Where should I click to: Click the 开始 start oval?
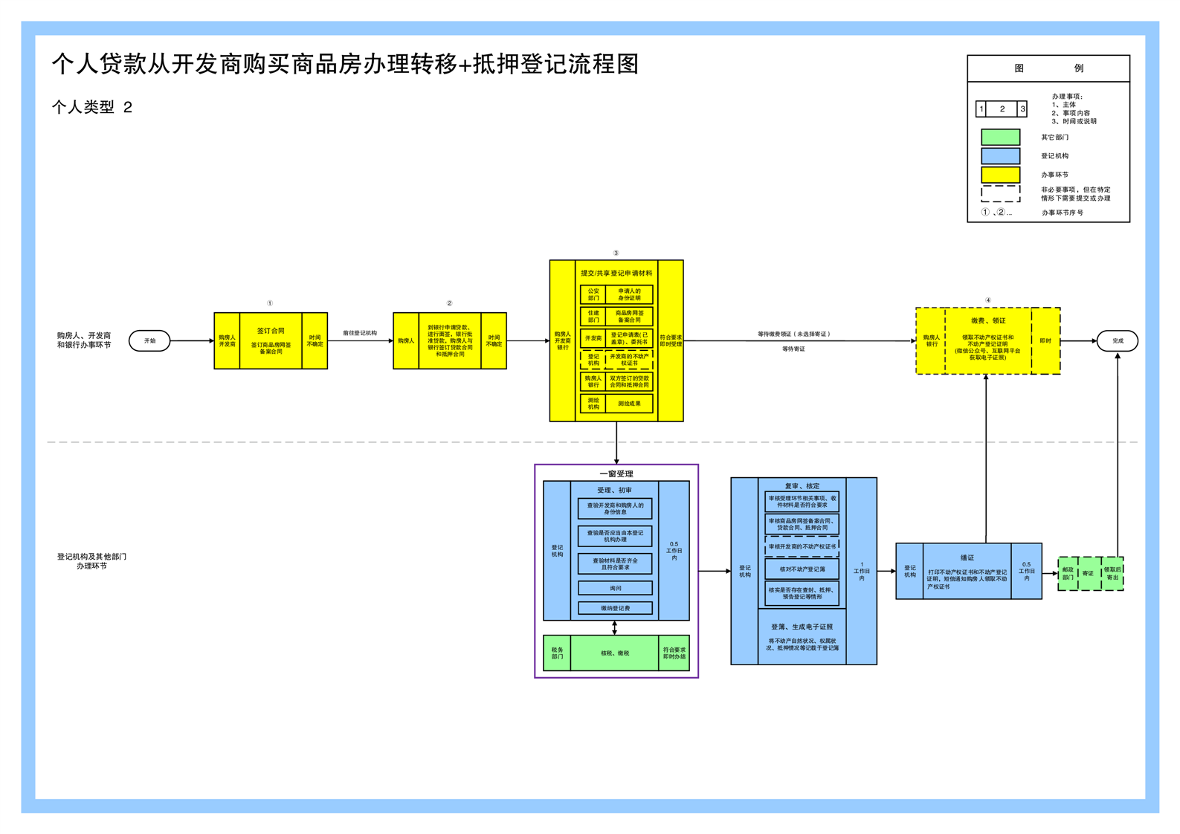pyautogui.click(x=149, y=340)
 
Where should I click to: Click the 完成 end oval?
pyautogui.click(x=1118, y=340)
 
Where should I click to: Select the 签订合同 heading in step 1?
pyautogui.click(x=271, y=331)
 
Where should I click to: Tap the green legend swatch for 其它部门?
pyautogui.click(x=1000, y=137)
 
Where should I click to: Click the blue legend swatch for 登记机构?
pyautogui.click(x=1000, y=155)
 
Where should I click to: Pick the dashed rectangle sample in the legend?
pyautogui.click(x=1000, y=194)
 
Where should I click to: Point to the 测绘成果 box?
pyautogui.click(x=629, y=404)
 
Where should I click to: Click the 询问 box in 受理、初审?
pyautogui.click(x=615, y=588)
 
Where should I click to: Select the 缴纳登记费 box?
pyautogui.click(x=615, y=608)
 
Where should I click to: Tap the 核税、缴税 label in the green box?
pyautogui.click(x=615, y=653)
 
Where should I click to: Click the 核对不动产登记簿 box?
pyautogui.click(x=802, y=569)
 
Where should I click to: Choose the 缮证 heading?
pyautogui.click(x=967, y=557)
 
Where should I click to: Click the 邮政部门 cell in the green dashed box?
pyautogui.click(x=1068, y=573)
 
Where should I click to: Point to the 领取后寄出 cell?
pyautogui.click(x=1112, y=573)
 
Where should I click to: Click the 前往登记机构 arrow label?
pyautogui.click(x=360, y=333)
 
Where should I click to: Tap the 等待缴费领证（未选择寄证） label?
pyautogui.click(x=793, y=334)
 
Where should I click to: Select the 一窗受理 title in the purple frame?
pyautogui.click(x=616, y=473)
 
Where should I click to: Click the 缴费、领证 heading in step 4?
pyautogui.click(x=988, y=320)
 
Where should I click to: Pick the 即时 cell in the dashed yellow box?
pyautogui.click(x=1045, y=340)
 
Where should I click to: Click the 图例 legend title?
pyautogui.click(x=1048, y=68)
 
